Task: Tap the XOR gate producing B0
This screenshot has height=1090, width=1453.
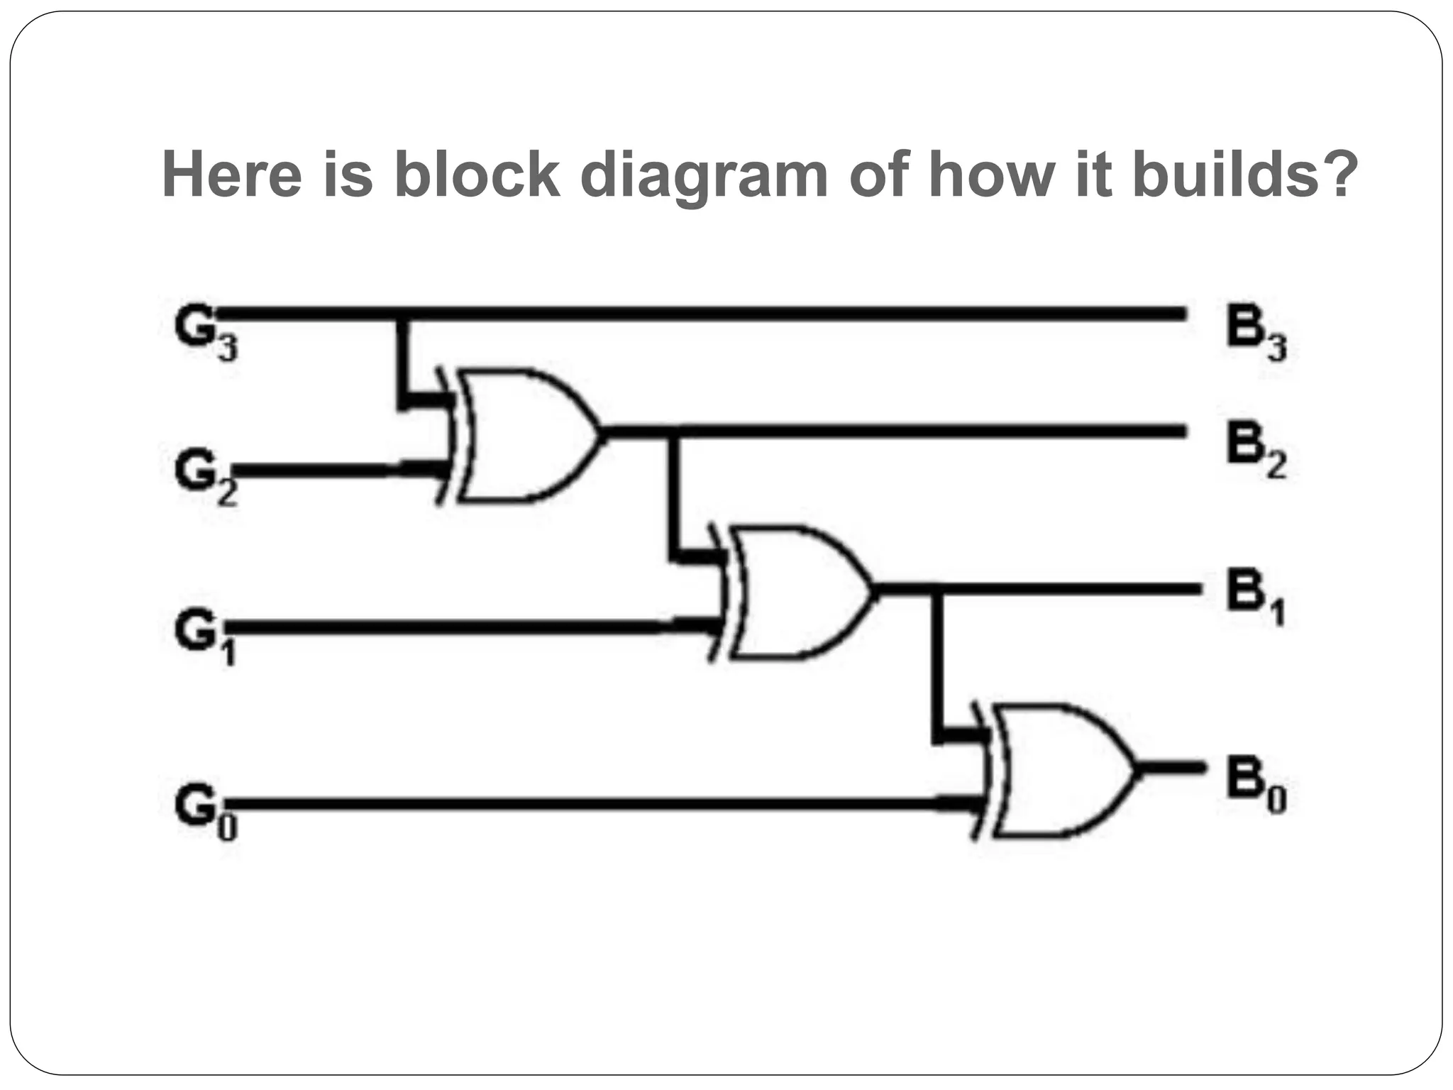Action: (1061, 771)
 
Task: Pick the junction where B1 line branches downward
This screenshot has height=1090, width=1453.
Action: (938, 590)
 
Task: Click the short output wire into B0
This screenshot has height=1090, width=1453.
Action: (1171, 767)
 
